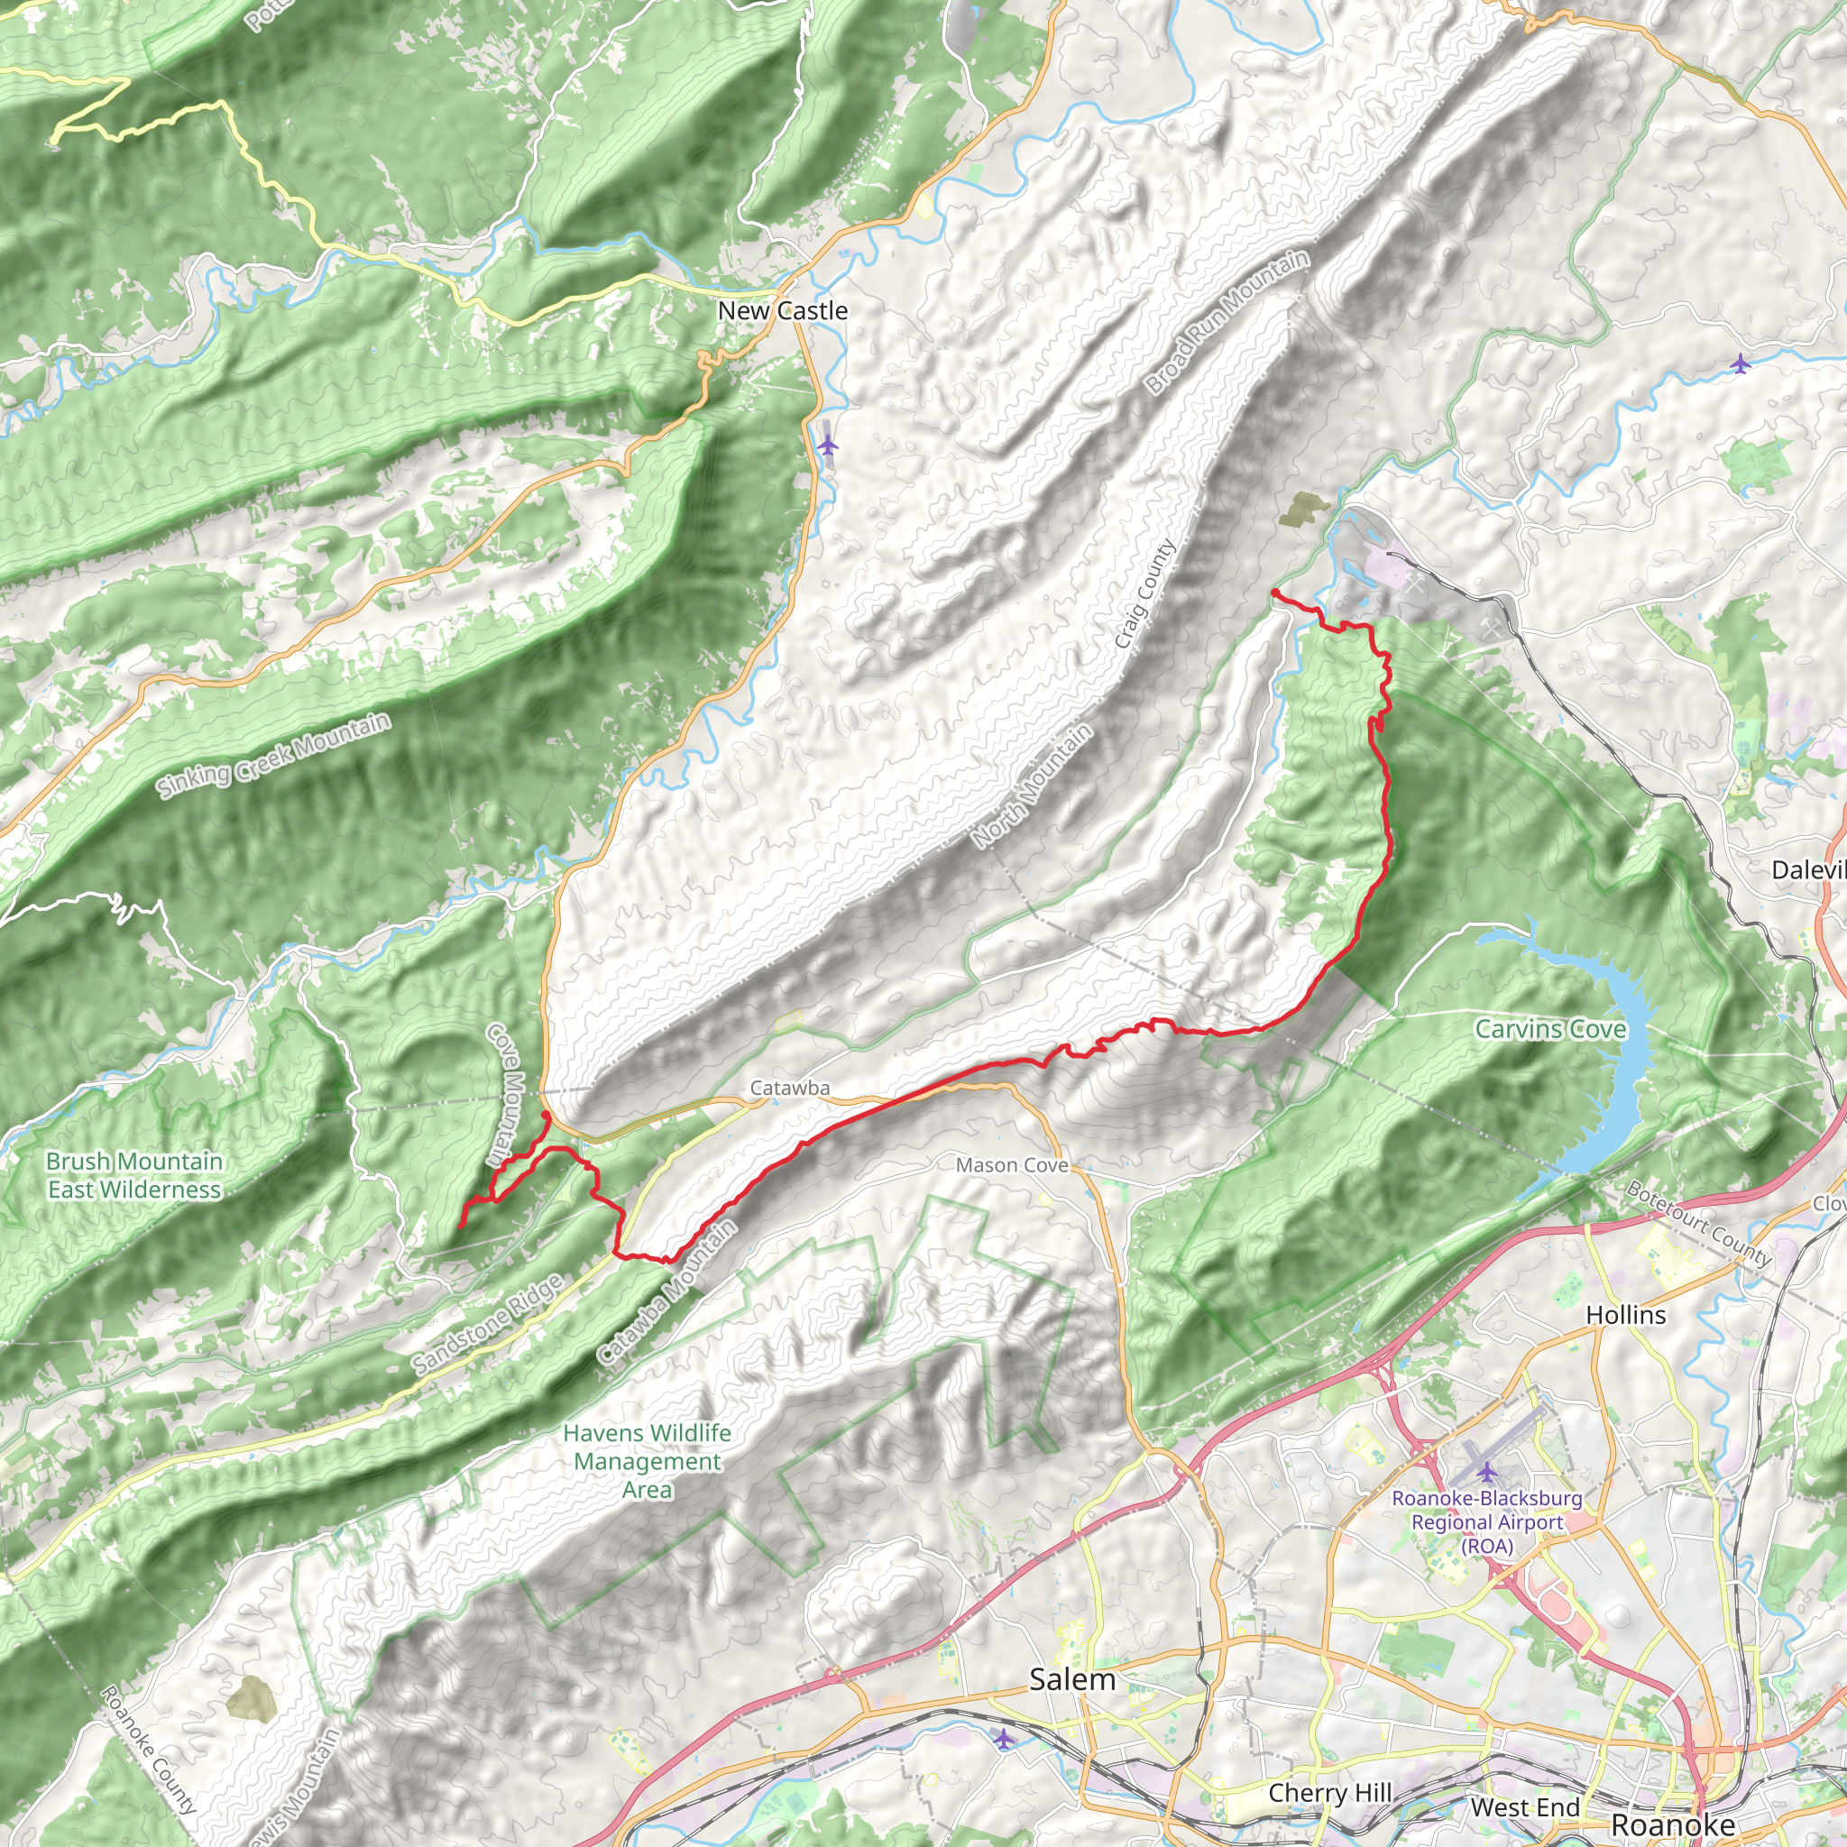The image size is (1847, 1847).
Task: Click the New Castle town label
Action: pyautogui.click(x=782, y=311)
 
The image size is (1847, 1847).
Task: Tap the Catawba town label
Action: pyautogui.click(x=790, y=1088)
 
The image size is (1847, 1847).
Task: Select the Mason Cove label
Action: pyautogui.click(x=1012, y=1165)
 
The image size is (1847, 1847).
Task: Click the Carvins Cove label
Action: pyautogui.click(x=1549, y=1030)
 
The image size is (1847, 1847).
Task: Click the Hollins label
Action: pyautogui.click(x=1625, y=1316)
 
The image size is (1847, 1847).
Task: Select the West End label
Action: pyautogui.click(x=1525, y=1806)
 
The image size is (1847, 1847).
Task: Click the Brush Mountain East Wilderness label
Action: pyautogui.click(x=134, y=1175)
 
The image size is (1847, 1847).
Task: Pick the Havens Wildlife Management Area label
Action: pyautogui.click(x=648, y=1461)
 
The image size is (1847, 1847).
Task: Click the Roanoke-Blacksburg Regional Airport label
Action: pyautogui.click(x=1486, y=1522)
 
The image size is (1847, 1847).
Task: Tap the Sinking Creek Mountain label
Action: pyautogui.click(x=274, y=755)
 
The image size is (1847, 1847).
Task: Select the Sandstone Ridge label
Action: pyautogui.click(x=488, y=1325)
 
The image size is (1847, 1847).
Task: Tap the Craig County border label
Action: pyautogui.click(x=1144, y=593)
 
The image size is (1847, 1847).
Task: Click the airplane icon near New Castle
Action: pyautogui.click(x=828, y=445)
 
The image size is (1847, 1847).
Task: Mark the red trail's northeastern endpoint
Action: pyautogui.click(x=1274, y=593)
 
